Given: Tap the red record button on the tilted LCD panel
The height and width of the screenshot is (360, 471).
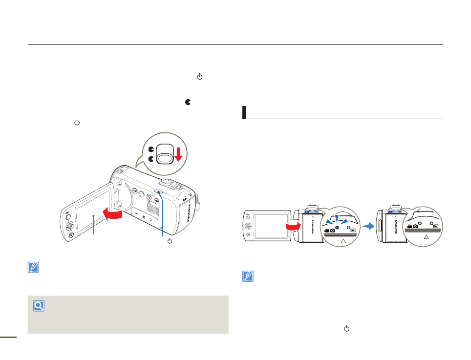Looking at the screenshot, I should pos(71,235).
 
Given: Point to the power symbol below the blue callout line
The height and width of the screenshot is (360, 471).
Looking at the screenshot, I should pos(170,241).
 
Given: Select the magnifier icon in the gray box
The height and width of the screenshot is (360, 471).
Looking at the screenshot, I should pos(39,307).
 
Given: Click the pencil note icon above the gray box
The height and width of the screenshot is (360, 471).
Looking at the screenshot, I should pos(33,268).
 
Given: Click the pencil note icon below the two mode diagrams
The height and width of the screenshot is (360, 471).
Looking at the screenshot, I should pos(248,276).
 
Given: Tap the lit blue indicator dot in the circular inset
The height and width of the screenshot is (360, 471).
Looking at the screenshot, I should pos(337,228).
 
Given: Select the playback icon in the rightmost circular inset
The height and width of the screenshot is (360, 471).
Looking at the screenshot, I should pos(436,226).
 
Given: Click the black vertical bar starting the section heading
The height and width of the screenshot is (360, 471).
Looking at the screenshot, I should pos(244,112).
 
